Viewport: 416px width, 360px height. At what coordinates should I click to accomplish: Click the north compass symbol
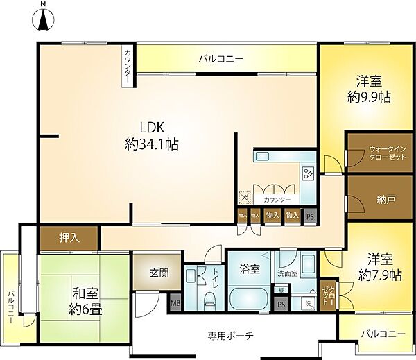click(43, 20)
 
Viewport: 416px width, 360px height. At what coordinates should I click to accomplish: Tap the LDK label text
click(152, 128)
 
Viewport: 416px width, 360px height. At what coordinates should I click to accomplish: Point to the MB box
click(175, 303)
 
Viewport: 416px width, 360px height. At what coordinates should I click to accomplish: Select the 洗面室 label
click(287, 273)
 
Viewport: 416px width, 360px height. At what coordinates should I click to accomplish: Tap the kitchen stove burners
click(308, 173)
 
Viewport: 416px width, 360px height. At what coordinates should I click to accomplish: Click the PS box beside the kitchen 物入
click(310, 216)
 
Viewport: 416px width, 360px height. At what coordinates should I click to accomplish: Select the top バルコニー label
click(220, 60)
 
